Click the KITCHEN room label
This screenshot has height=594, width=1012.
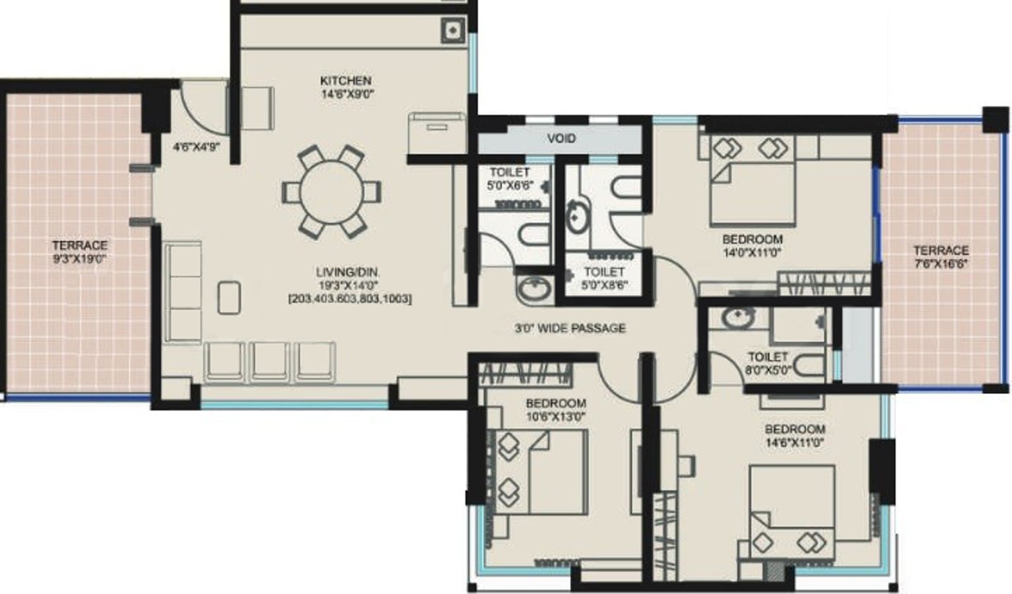point(346,81)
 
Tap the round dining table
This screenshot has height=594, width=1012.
point(331,192)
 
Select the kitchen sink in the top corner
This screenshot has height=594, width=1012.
point(453,31)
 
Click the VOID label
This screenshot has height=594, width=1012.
point(562,138)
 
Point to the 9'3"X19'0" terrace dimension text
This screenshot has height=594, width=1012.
point(80,259)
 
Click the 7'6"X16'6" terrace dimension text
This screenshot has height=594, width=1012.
point(941,264)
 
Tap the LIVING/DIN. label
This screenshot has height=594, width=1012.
point(347,272)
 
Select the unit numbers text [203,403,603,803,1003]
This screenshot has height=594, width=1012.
point(350,298)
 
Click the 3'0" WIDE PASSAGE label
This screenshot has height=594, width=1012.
point(570,329)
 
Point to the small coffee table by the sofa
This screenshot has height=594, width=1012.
point(229,298)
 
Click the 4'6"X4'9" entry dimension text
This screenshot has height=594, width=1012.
point(196,147)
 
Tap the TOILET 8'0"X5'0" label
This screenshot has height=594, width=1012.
point(768,363)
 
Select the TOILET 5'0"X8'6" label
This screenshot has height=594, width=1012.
point(605,279)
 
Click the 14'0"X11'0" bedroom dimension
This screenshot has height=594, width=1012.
point(753,253)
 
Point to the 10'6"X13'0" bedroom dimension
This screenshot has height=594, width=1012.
point(556,416)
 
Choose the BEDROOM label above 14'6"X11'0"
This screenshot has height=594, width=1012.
point(795,429)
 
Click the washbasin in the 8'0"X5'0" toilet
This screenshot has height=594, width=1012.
point(738,317)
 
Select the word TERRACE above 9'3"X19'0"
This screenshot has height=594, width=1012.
point(80,246)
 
